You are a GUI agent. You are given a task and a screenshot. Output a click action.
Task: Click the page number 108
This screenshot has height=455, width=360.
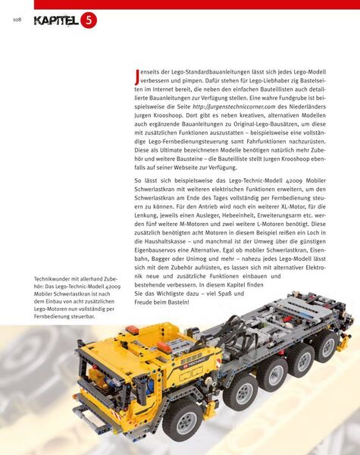tap(16, 19)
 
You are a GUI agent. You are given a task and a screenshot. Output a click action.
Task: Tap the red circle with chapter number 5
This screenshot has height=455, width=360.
tap(89, 20)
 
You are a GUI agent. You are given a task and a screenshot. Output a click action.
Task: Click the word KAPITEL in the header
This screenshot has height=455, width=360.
tap(56, 20)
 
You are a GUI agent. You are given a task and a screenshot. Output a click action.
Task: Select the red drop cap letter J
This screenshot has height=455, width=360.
tap(136, 76)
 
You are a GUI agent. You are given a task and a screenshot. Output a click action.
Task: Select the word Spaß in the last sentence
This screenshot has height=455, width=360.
tap(246, 336)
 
